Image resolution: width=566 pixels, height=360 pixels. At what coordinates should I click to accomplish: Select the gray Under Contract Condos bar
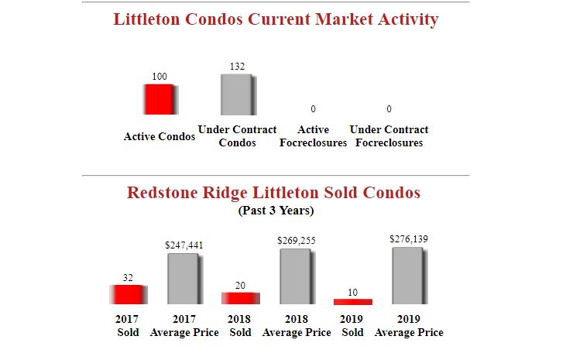coord(237,94)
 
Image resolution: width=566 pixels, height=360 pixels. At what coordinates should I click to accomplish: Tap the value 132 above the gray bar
coord(238,67)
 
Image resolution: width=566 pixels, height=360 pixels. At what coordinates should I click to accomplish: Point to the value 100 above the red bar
coord(159,77)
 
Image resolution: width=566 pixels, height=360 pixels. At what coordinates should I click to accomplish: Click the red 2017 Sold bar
coord(128,294)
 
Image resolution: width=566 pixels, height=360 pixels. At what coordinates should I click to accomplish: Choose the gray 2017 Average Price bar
coord(184,279)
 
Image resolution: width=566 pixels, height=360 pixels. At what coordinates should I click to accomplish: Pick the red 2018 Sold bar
coord(240,298)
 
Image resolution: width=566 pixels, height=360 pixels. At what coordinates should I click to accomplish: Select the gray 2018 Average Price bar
coord(297,276)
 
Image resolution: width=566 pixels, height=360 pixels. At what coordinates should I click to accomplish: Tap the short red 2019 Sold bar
coord(352,301)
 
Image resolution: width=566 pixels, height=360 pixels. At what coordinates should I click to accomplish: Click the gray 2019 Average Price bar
coord(409,275)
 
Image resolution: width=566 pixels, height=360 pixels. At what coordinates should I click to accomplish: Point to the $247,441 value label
coord(184,245)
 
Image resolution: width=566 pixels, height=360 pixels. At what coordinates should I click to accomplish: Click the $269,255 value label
coord(297,241)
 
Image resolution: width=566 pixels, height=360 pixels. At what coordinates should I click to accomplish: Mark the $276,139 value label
coord(409,238)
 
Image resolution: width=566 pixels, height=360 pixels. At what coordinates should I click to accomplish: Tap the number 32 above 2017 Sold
coord(128,277)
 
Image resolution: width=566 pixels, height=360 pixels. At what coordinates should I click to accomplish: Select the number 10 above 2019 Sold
coord(352,292)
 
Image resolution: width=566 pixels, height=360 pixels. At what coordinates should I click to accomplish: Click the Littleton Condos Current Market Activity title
coord(276,19)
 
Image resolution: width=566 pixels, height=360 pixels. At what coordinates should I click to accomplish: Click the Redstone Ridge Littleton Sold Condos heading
coord(273,192)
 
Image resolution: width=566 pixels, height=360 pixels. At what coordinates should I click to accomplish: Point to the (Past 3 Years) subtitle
coord(275,210)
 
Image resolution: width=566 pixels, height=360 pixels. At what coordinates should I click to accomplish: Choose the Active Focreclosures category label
coord(313,136)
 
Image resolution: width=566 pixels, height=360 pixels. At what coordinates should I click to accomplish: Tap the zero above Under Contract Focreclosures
coord(389,108)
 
